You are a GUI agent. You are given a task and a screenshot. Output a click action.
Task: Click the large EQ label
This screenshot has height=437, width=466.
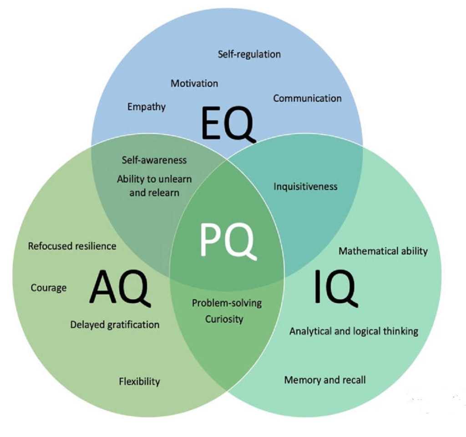click(228, 125)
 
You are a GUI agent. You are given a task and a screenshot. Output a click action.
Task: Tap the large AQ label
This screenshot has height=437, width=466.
click(120, 287)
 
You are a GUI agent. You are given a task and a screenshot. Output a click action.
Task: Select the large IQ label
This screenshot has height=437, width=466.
click(336, 287)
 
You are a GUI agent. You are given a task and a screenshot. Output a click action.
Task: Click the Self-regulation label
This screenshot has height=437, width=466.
click(249, 54)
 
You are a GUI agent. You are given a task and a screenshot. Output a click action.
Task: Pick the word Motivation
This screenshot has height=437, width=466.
click(194, 83)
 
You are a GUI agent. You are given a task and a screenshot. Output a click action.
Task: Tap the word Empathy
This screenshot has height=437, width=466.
click(147, 107)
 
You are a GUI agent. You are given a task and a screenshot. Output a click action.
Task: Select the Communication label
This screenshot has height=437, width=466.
click(307, 98)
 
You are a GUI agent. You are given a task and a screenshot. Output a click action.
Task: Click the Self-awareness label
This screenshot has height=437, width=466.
click(154, 160)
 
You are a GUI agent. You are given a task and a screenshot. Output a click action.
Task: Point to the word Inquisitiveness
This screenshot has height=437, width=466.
click(305, 187)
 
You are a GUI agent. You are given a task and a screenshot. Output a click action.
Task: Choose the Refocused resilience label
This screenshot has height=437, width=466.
click(72, 246)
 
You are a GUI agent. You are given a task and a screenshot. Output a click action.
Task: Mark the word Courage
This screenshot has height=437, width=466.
click(49, 288)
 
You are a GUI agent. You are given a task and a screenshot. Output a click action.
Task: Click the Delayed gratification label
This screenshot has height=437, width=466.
click(115, 325)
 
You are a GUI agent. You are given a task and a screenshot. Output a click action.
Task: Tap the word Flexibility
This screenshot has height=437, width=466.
click(139, 381)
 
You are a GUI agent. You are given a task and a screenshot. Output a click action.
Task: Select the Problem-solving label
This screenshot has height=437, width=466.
click(227, 303)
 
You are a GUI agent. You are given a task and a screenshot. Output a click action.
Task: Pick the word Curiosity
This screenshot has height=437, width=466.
click(224, 320)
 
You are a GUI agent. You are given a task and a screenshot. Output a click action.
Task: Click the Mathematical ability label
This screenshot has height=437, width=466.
click(383, 251)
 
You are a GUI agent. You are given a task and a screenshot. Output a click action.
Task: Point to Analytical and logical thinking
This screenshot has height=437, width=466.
click(354, 331)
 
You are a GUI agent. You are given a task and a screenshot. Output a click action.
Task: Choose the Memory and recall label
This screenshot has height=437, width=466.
click(325, 380)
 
